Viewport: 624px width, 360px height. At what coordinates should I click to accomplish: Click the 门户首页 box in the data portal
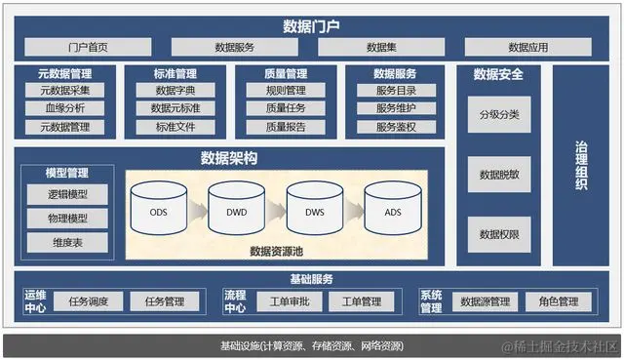point(88,47)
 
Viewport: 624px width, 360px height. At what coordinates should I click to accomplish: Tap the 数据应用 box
point(527,47)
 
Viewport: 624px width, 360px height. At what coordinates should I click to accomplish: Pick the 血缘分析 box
point(65,108)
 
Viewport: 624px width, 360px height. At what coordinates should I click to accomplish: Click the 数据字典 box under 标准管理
point(176,91)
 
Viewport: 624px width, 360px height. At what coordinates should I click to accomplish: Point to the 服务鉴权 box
point(395,127)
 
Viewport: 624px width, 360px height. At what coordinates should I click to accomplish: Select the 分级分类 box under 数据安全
point(499,115)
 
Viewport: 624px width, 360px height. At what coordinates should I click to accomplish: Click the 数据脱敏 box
point(499,175)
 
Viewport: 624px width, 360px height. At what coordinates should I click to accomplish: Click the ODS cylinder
point(159,212)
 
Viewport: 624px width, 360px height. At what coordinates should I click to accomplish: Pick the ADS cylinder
point(392,212)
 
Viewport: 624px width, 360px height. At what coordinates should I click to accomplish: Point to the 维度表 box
point(67,242)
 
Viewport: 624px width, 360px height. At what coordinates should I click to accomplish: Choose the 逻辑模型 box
point(67,194)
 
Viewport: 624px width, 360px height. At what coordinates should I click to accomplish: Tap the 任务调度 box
point(89,302)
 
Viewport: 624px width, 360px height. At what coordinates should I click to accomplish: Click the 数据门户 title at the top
point(311,24)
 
